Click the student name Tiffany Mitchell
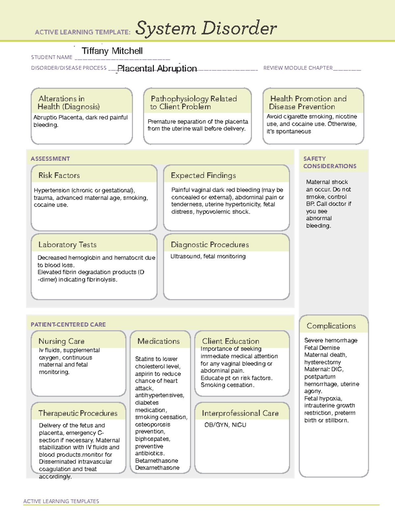112,51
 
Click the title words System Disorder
206,28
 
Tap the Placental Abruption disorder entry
157,68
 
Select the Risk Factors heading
59,175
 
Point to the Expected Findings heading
203,175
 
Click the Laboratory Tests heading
67,244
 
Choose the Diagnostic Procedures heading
210,244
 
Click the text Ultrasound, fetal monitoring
208,256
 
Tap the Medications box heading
159,341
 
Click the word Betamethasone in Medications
157,461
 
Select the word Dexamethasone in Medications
157,468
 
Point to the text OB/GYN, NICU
225,425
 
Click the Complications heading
331,326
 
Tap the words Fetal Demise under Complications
322,348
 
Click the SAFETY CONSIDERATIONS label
329,163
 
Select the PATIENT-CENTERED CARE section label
68,324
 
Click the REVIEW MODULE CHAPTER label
298,68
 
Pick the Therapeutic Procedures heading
78,413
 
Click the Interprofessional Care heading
240,413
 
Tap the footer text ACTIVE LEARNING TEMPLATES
61,501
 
